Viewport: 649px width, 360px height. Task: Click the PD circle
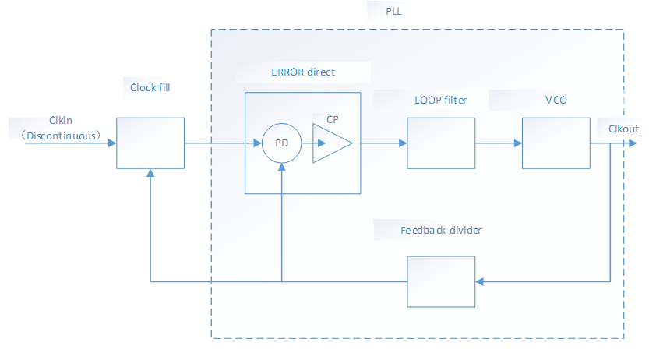point(281,143)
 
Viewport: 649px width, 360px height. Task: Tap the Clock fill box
point(150,143)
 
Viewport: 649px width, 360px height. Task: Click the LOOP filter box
point(441,143)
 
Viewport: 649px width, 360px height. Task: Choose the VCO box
point(556,143)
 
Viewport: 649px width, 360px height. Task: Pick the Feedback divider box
point(441,281)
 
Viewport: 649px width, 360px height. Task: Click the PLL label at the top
point(393,12)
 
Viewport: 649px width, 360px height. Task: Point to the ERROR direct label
point(303,72)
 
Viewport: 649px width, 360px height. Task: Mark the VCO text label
point(555,101)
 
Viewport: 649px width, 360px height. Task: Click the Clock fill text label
point(150,87)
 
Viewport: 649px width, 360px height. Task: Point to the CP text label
point(333,119)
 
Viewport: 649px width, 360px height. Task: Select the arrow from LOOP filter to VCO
point(499,143)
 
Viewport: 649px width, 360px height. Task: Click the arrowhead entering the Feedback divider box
point(479,281)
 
